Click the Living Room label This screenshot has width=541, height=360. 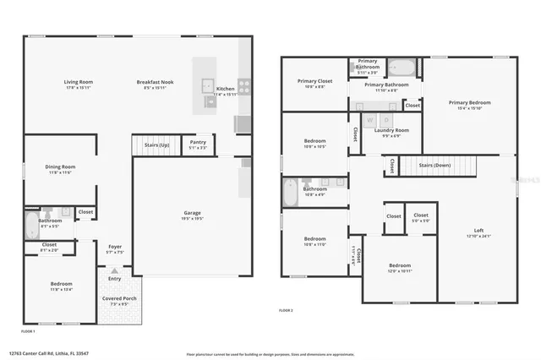(78, 82)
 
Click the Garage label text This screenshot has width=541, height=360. (192, 212)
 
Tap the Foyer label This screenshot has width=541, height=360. (115, 247)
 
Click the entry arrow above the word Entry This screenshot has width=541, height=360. (114, 270)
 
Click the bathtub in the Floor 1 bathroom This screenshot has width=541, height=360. (32, 225)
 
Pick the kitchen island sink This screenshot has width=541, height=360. (205, 85)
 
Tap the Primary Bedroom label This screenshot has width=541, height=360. (469, 102)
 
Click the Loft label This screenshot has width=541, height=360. (478, 231)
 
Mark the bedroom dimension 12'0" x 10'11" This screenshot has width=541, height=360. (399, 270)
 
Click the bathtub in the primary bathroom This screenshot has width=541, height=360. (402, 68)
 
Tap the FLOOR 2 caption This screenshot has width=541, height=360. (286, 312)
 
